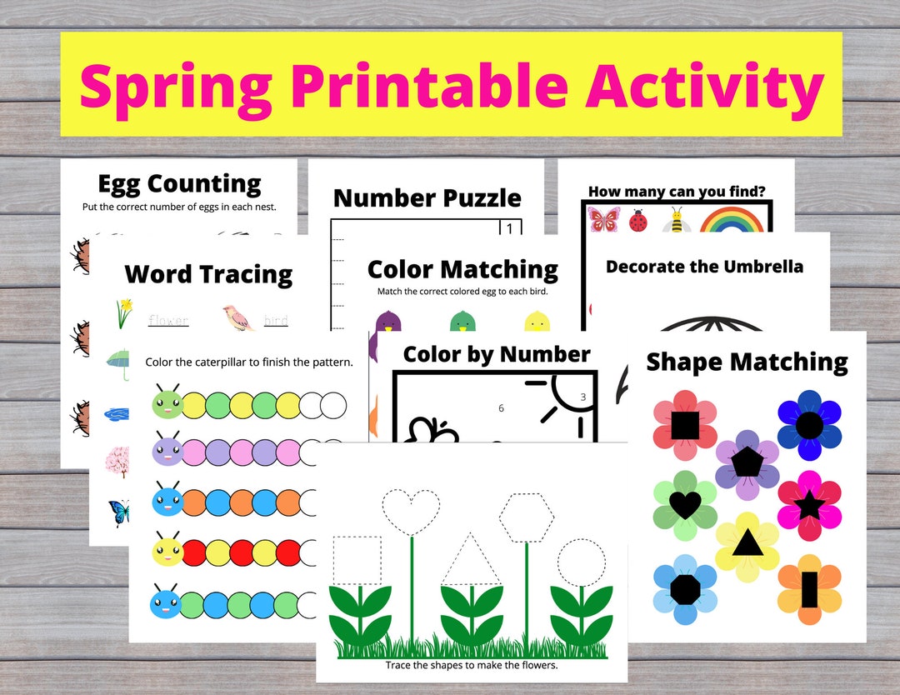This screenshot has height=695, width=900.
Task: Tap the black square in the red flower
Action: click(x=685, y=425)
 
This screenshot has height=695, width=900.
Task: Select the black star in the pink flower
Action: click(x=809, y=505)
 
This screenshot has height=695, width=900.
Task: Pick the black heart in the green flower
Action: click(x=685, y=503)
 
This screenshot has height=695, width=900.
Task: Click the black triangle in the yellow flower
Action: click(x=747, y=544)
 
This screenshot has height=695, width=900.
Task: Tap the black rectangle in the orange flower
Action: click(x=809, y=590)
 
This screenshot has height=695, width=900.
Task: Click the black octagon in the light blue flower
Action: click(x=685, y=589)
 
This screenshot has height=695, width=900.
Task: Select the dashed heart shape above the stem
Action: click(x=411, y=508)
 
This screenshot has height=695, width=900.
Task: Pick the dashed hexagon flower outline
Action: click(x=527, y=517)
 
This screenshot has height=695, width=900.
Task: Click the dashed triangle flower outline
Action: click(x=471, y=561)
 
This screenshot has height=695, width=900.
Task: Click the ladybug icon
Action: click(x=638, y=221)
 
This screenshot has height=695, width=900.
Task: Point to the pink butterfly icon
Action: click(x=603, y=220)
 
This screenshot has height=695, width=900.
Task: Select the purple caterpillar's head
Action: click(x=167, y=452)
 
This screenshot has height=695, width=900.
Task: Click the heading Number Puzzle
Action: click(x=427, y=198)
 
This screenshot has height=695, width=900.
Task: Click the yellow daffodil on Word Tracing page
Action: click(x=123, y=313)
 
